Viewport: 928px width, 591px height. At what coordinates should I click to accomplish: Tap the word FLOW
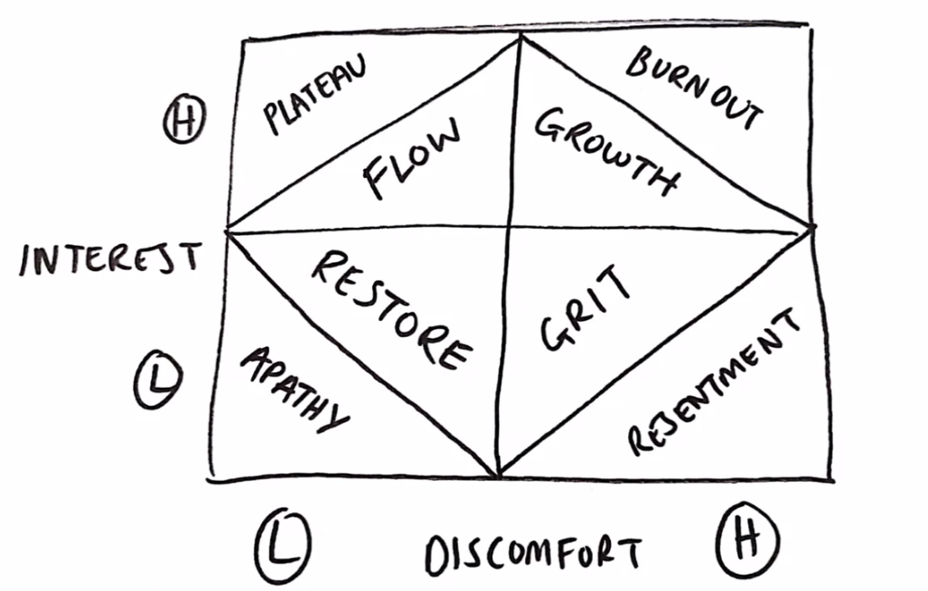point(411,158)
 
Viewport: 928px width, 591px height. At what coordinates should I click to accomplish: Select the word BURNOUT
point(695,88)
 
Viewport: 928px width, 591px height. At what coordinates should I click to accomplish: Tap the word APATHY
point(293,389)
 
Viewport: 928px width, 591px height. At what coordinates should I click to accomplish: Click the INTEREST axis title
point(109,258)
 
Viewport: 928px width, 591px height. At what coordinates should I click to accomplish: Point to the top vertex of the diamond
point(520,37)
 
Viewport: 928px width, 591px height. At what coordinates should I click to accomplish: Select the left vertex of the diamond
point(228,230)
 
